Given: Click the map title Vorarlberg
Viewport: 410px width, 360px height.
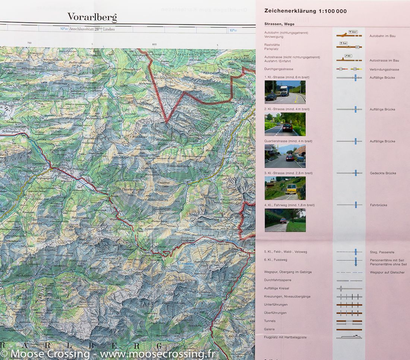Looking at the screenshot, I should click(x=92, y=17).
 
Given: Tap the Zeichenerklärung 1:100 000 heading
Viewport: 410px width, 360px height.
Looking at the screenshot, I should click(x=305, y=11).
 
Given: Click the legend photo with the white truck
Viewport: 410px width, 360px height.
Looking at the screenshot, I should click(x=285, y=92).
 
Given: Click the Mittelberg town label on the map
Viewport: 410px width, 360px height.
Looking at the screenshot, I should click(x=235, y=163).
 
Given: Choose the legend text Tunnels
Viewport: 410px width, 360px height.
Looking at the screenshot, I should click(x=270, y=321).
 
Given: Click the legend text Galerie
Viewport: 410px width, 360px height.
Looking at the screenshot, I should click(x=269, y=329).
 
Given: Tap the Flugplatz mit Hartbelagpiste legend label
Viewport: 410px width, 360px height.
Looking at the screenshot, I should click(x=286, y=337).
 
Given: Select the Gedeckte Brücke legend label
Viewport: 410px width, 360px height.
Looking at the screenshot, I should click(x=383, y=173).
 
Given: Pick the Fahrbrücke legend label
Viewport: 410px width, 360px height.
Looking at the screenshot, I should click(x=378, y=205).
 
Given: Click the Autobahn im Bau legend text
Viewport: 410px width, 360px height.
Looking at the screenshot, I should click(x=382, y=36).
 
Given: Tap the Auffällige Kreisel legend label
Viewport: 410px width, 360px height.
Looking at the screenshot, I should click(x=276, y=288).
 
